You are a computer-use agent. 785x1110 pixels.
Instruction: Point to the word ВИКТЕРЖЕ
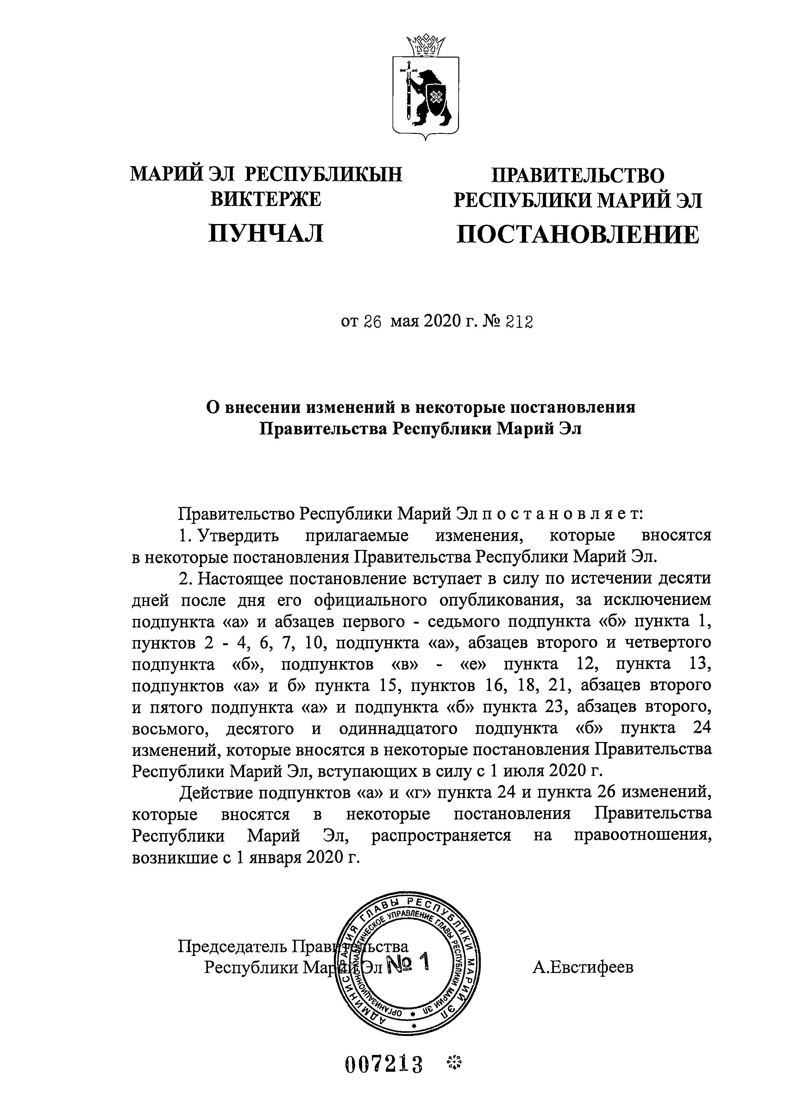click(x=266, y=199)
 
